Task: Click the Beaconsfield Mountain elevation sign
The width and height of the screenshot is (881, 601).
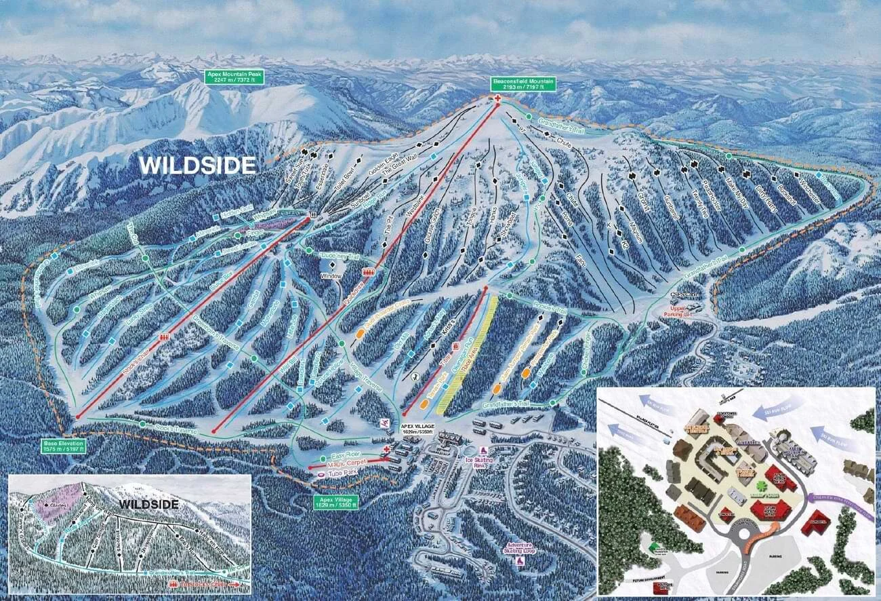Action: click(x=524, y=83)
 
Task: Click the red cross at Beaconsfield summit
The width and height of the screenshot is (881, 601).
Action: click(x=498, y=99)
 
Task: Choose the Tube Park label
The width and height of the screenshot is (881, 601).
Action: click(x=342, y=472)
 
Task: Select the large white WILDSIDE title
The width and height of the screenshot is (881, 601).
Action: click(x=197, y=165)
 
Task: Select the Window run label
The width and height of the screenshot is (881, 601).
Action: click(x=331, y=276)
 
